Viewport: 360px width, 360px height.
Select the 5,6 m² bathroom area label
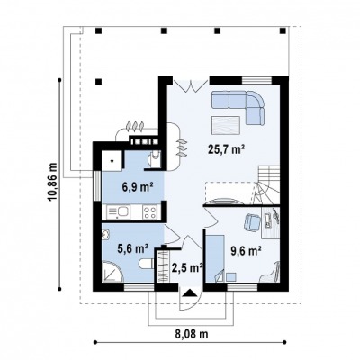click(133, 248)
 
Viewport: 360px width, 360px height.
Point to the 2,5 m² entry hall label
click(187, 267)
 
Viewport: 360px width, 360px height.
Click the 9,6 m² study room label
click(247, 250)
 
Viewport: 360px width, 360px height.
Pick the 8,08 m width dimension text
click(192, 334)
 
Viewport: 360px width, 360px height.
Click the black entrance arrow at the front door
click(189, 292)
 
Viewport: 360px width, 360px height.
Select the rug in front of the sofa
click(226, 125)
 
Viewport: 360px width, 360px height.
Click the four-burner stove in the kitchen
click(149, 212)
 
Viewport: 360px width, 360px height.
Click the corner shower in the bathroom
click(112, 272)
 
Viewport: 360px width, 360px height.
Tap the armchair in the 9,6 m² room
click(251, 222)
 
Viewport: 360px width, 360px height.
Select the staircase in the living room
click(267, 185)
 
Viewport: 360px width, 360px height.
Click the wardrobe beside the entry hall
click(162, 265)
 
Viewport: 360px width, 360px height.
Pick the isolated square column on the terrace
click(98, 81)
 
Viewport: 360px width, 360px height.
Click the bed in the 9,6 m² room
click(215, 258)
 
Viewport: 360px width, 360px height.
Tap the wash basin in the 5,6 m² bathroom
click(105, 235)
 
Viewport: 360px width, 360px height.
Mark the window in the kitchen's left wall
click(97, 185)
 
